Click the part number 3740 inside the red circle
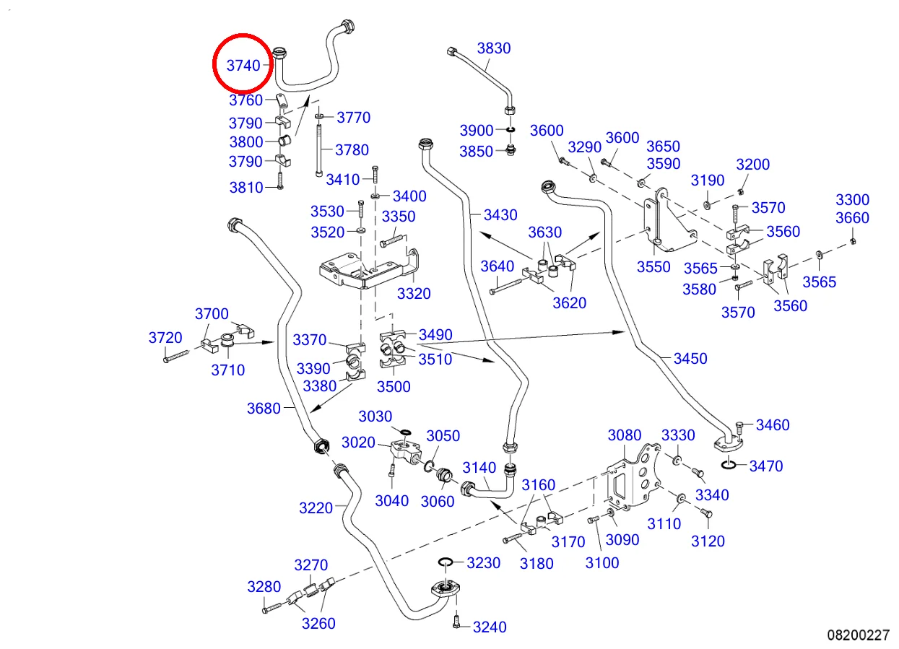[x=243, y=66]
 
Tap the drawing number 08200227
[x=858, y=635]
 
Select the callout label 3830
[x=493, y=48]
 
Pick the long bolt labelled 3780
[x=318, y=150]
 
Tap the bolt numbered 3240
[x=456, y=623]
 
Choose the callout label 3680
[x=264, y=409]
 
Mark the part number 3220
[x=316, y=508]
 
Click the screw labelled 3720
[x=176, y=354]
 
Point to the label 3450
[x=690, y=359]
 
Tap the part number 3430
[x=500, y=214]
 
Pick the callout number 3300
[x=852, y=200]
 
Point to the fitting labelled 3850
[x=511, y=151]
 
